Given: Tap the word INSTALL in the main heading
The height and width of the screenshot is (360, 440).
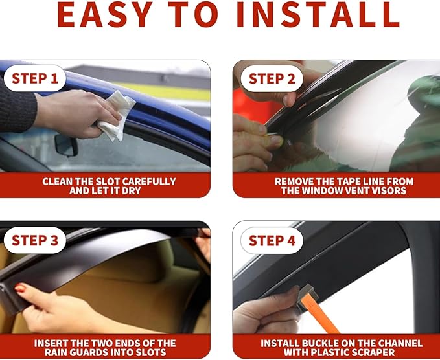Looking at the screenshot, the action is click(318, 15).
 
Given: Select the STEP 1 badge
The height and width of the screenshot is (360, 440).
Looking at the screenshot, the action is click(35, 78).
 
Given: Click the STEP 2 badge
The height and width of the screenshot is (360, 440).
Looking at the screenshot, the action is click(272, 78).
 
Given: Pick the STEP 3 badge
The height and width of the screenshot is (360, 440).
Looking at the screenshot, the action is click(35, 240).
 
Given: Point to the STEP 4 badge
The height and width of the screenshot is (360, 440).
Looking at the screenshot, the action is click(272, 241).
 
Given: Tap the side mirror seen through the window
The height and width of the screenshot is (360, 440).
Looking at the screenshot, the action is click(66, 145).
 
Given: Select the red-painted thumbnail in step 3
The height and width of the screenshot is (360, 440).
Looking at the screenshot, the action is click(19, 288).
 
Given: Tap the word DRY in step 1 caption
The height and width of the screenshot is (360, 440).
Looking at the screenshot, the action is click(132, 190).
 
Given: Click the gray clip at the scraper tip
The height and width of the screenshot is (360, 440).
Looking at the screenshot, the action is click(307, 293).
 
